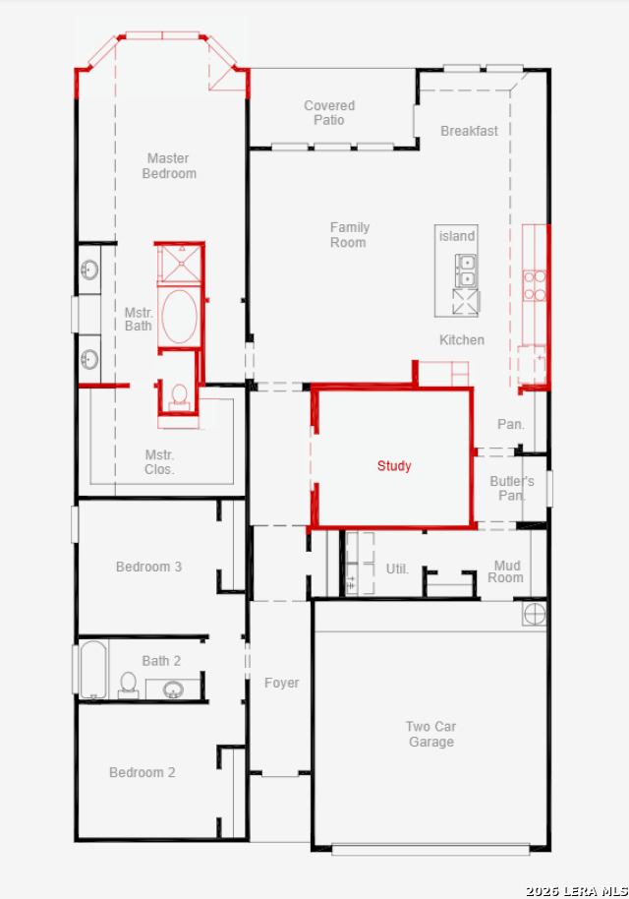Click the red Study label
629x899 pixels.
394,465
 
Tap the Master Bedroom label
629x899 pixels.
169,165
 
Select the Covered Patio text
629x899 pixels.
329,113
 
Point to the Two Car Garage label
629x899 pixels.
430,734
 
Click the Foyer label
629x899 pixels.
282,683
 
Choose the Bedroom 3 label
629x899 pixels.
149,567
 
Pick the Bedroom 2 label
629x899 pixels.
143,772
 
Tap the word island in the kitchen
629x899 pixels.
457,236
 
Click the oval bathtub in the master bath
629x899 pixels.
179,317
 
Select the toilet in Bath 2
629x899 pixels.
129,685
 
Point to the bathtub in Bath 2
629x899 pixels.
93,669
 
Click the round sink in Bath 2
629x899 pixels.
173,689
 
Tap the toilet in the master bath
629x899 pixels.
179,395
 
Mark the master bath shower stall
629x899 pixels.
180,265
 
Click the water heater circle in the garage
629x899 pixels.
534,614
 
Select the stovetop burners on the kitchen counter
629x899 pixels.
535,285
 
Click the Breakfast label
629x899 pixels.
469,131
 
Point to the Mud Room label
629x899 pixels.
505,571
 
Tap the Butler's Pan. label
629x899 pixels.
512,489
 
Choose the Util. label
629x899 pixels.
397,569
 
